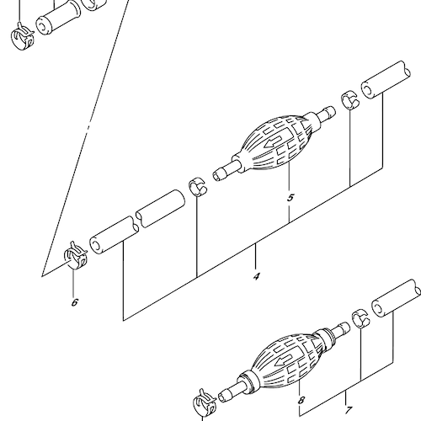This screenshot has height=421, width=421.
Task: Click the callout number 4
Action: tap(256, 277)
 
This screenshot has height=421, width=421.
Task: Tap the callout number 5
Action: tap(290, 198)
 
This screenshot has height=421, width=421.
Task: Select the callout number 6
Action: tap(74, 302)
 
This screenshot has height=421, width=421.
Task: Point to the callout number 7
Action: tap(348, 410)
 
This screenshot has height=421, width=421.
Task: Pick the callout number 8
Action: tap(301, 400)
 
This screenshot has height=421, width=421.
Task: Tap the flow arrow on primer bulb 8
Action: tap(284, 360)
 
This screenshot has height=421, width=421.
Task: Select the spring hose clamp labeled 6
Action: tap(76, 255)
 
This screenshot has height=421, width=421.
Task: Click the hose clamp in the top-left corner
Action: tap(23, 37)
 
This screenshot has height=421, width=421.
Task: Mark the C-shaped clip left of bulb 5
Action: tap(198, 186)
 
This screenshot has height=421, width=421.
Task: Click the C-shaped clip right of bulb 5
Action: tap(350, 99)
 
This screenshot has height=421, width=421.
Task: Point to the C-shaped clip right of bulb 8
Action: tap(361, 318)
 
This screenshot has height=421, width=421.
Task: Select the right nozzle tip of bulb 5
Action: tap(332, 110)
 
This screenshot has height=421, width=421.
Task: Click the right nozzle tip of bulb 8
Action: tap(346, 327)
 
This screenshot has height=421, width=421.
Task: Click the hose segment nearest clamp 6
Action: tap(114, 235)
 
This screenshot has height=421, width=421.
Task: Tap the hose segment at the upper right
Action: tap(386, 79)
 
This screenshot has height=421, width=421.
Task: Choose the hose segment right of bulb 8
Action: tap(397, 298)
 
